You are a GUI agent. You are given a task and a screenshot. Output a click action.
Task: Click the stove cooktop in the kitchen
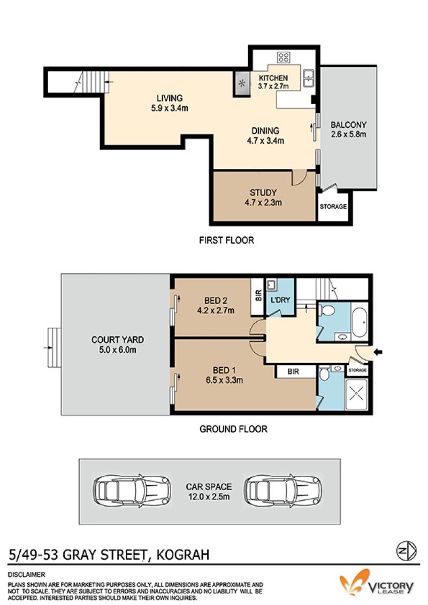[x=283, y=58]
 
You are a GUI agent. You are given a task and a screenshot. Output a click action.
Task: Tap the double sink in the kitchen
[x=308, y=78]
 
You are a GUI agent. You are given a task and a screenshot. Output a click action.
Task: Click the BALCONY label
[x=348, y=125]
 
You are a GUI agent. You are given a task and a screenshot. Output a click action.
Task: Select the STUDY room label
[x=263, y=192]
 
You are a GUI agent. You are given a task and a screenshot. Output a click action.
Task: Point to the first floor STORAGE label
[x=333, y=206]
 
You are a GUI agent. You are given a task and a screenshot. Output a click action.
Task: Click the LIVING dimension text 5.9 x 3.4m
[x=170, y=108]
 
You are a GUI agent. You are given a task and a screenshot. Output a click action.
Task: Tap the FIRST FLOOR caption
[x=226, y=241]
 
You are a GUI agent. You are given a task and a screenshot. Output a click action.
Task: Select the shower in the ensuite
[x=356, y=394]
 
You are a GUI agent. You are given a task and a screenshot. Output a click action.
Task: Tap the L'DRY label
[x=280, y=300]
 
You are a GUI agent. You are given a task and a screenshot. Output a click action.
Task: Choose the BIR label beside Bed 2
[x=258, y=295]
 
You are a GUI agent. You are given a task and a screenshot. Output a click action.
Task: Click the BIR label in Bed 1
[x=293, y=371]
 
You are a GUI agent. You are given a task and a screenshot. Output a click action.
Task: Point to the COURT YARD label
[x=117, y=340]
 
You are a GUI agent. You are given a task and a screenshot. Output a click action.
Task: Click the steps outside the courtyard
[x=54, y=347]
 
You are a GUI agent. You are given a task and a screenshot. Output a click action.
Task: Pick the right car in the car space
[x=283, y=491]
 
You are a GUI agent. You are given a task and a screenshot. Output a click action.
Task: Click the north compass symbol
[x=407, y=551]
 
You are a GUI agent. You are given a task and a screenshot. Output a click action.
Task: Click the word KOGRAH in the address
[x=182, y=554]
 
